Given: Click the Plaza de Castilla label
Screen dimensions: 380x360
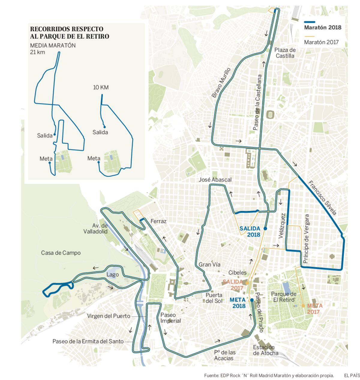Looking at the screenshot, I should click(285, 53).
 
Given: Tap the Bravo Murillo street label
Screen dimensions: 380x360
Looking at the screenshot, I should click(221, 83).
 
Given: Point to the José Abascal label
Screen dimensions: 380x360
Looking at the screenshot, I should click(215, 179).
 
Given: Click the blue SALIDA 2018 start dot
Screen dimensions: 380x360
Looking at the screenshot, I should click(265, 229).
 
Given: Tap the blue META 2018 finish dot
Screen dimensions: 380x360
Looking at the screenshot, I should click(252, 300).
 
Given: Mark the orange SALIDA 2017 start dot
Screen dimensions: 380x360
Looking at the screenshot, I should click(247, 283).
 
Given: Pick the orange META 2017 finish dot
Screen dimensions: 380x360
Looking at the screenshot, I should click(303, 306).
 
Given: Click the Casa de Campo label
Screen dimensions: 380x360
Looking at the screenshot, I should click(61, 253).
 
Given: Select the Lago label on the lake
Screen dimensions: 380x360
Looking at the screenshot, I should click(112, 274).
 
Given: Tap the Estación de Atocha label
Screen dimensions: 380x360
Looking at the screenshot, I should click(265, 350).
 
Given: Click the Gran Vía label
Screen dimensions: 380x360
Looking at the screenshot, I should click(209, 264).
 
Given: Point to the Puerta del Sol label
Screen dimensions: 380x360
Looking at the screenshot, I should click(214, 298).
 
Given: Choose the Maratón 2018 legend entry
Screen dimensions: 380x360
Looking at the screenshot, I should click(322, 27).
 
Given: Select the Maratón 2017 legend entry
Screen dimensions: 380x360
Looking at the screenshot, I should click(321, 42).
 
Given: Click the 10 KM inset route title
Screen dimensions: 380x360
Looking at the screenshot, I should click(100, 87).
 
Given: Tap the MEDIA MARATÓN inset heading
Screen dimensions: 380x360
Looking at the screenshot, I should click(53, 45).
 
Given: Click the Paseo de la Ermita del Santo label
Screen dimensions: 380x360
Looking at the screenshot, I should click(88, 341).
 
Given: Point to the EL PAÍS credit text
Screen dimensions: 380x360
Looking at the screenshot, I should click(352, 375).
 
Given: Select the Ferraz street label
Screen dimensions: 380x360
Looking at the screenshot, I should click(158, 221).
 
